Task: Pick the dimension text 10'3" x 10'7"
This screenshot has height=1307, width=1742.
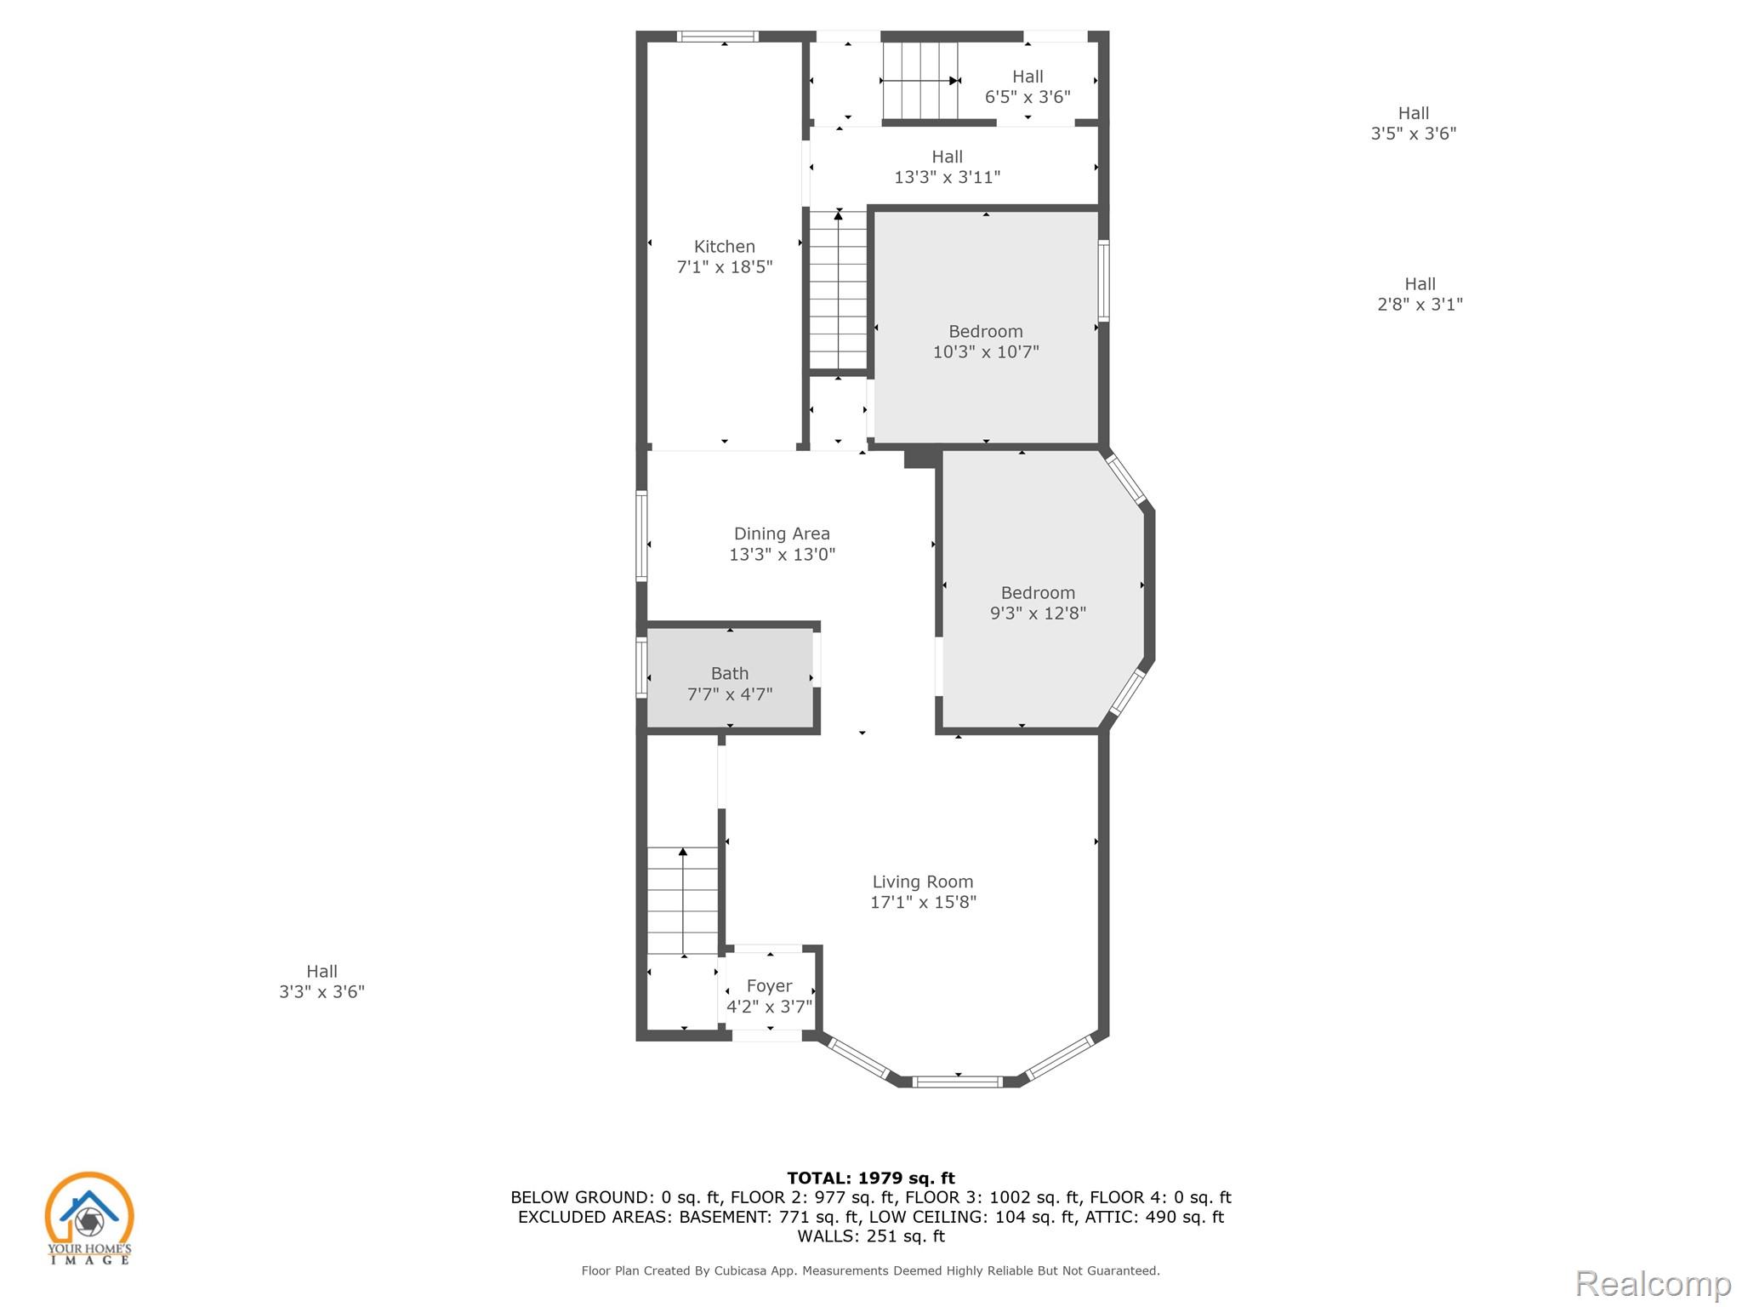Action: pos(986,352)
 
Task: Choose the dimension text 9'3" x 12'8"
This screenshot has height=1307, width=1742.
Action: pos(1038,614)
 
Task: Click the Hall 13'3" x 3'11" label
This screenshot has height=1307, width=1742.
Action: pos(947,167)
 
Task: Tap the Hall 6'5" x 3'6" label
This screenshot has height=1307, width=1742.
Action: pos(1028,87)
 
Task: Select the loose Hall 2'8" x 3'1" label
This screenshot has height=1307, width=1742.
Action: pos(1420,294)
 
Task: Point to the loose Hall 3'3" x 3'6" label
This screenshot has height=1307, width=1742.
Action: pos(322,981)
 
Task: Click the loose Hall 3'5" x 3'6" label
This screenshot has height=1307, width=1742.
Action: pos(1414,123)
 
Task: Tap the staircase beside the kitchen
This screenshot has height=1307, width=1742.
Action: pos(838,290)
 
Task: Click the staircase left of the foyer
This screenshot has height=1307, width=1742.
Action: pos(682,901)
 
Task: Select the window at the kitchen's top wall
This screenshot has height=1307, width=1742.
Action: pos(717,37)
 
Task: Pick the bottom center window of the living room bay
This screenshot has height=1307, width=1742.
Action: pos(958,1082)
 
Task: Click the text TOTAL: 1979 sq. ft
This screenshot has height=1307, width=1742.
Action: pos(871,1178)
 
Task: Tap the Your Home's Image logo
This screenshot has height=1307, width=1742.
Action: pos(89,1218)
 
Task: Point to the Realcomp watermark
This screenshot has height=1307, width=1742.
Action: pos(1654,1283)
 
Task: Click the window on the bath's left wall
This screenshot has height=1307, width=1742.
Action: pos(641,668)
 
